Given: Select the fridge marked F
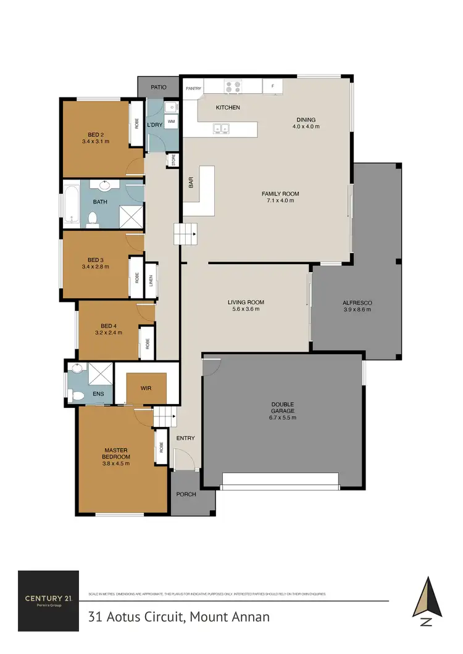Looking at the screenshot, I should pos(272,86).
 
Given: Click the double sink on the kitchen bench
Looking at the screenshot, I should pos(221,129).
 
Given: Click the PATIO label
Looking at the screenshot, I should pos(159,88).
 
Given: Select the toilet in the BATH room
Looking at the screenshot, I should pos(93,218).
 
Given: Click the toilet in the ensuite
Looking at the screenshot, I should pos(76,395).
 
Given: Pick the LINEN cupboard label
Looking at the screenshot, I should pos(150,281).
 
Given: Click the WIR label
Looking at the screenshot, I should pos(146,388).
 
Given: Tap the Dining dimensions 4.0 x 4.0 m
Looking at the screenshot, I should pos(306,126).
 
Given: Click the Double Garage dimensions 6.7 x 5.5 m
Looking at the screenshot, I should pos(283,418).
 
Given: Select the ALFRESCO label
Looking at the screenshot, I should pos(357,302).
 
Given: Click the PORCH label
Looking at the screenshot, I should pos(186,494).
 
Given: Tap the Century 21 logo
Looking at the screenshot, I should pos(48,600).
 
